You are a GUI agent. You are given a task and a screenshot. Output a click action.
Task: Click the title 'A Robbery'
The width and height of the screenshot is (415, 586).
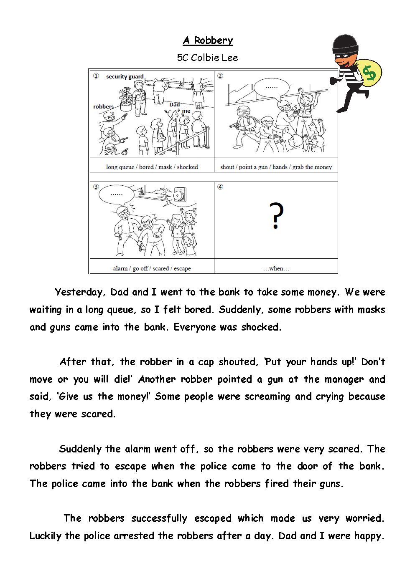208,40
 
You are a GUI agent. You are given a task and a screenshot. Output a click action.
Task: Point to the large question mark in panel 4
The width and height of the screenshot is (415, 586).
276,216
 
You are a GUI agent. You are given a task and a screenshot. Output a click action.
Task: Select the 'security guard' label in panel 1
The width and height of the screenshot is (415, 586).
125,76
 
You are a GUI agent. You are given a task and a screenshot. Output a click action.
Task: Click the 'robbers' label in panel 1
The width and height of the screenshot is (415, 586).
103,106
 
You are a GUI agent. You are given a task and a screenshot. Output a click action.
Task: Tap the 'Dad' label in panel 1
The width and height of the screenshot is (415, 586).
175,104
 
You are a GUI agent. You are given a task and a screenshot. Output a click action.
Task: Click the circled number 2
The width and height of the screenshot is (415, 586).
220,76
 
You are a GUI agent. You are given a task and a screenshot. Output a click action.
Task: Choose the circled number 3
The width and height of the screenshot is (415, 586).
96,187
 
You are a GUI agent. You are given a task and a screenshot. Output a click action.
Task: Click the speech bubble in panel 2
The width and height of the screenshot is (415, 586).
272,87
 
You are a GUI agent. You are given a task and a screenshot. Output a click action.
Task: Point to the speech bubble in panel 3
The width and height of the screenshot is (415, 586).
116,194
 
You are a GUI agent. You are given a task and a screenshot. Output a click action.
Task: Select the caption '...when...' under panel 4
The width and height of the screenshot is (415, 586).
276,268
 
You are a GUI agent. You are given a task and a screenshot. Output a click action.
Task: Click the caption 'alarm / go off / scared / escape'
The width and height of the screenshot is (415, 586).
152,268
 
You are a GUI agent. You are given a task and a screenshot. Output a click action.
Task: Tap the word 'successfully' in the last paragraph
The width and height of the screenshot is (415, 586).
159,518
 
